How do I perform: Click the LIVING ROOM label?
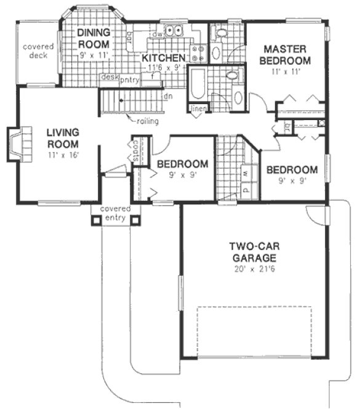(x=62, y=137)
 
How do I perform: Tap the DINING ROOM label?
(x=94, y=38)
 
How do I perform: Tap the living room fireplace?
(x=17, y=143)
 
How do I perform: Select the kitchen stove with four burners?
(x=198, y=53)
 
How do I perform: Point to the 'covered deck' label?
(x=38, y=52)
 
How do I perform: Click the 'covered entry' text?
(x=115, y=213)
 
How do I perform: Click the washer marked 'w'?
(x=246, y=174)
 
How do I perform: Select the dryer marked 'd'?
(x=246, y=190)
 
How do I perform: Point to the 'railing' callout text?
(x=148, y=121)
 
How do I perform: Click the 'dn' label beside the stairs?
(x=167, y=96)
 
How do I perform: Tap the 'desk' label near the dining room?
(x=109, y=78)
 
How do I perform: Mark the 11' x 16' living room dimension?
(x=62, y=155)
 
